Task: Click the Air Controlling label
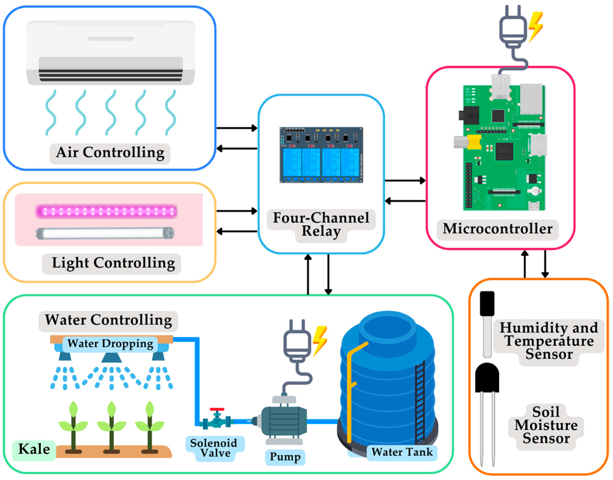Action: [x=110, y=153]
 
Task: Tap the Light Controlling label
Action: [x=113, y=264]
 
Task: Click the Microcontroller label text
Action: [x=497, y=229]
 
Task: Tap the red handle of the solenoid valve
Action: [x=217, y=410]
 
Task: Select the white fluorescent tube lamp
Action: [x=105, y=233]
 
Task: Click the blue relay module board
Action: [x=321, y=155]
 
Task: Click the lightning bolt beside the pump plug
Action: [x=320, y=340]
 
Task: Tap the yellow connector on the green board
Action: [x=475, y=142]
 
